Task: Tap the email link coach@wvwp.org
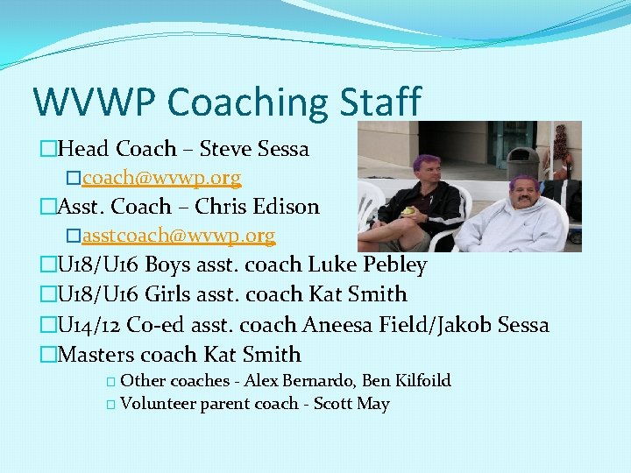tap(162, 178)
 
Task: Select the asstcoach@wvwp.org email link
tap(179, 236)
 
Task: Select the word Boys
tap(169, 265)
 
